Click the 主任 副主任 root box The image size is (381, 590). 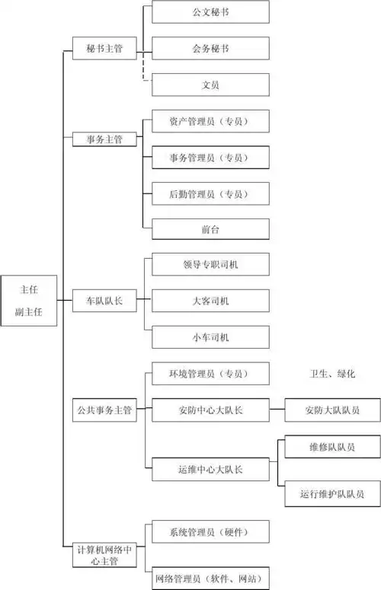click(x=28, y=301)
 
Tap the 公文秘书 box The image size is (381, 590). click(x=210, y=12)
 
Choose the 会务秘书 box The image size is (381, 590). click(x=210, y=48)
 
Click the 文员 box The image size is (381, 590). click(x=210, y=85)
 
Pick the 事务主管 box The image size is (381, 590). click(x=105, y=139)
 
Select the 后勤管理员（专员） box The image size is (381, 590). click(x=210, y=193)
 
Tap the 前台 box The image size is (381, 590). click(x=210, y=229)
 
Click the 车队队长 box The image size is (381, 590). click(x=105, y=301)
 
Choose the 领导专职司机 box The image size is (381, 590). click(x=210, y=264)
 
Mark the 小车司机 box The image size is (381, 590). click(x=210, y=337)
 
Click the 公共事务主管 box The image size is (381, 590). click(x=105, y=410)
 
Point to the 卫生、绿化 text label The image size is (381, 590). click(x=332, y=375)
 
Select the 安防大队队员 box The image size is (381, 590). click(x=332, y=410)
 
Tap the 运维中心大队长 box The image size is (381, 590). click(x=210, y=468)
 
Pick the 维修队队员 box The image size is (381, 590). click(x=332, y=447)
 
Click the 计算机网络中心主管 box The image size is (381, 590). click(x=105, y=554)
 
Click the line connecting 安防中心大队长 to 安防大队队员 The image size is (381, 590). click(x=277, y=410)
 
